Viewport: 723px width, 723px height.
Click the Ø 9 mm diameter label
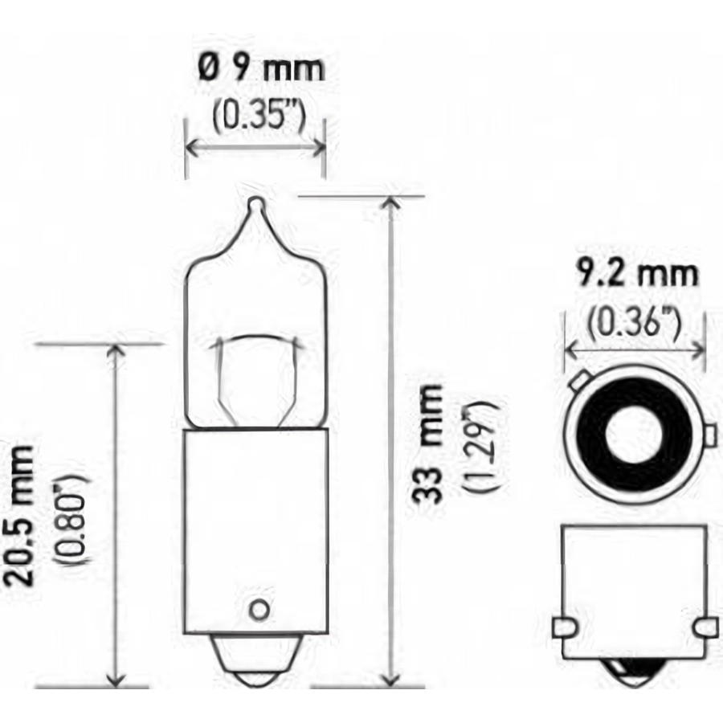261,69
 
